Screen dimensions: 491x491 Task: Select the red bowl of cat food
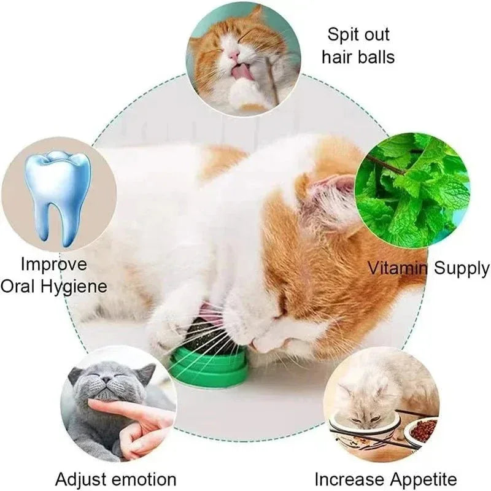(422, 430)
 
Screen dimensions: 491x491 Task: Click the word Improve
(54, 265)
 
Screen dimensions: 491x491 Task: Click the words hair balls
(358, 57)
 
